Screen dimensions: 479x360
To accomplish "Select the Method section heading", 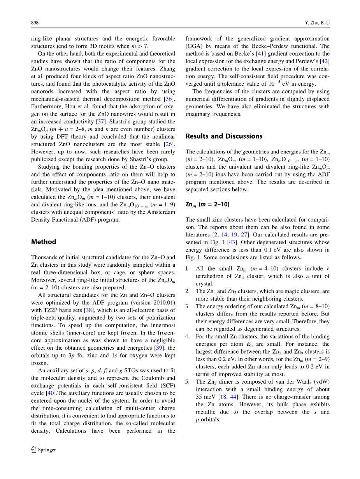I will click(44, 242).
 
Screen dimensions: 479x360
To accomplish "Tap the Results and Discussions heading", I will click(224, 136).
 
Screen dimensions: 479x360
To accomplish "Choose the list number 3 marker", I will click(187, 306).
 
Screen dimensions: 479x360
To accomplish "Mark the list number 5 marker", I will click(187, 382).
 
